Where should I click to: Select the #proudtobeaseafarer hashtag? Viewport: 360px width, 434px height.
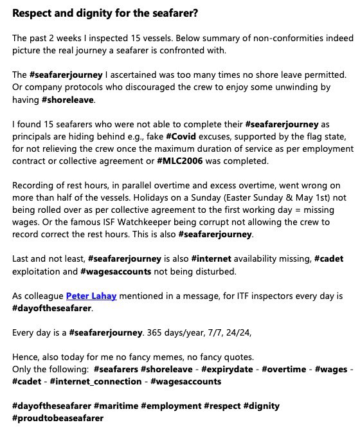[x=58, y=418]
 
